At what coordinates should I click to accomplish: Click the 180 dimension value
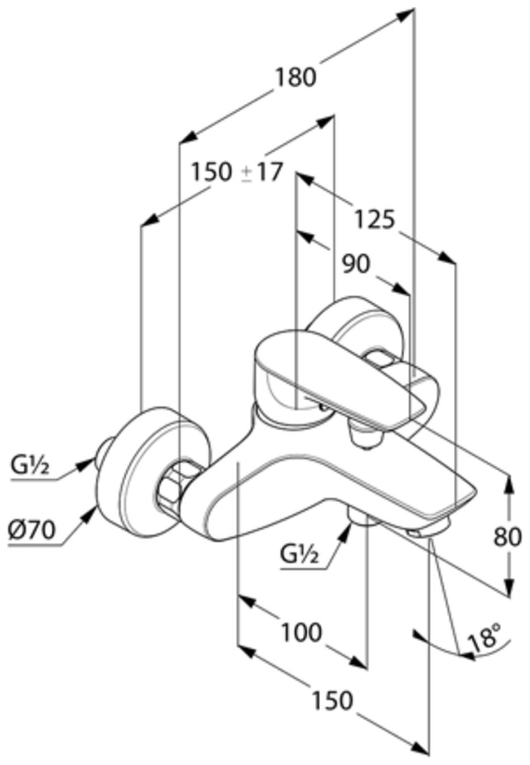point(295,77)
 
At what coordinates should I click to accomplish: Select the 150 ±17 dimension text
point(236,171)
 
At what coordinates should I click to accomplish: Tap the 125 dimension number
point(374,219)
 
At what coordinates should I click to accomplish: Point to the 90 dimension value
point(356,263)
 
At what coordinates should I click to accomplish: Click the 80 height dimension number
point(507,536)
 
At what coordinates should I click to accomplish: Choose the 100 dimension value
point(302,633)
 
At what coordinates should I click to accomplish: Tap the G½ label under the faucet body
point(299,555)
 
